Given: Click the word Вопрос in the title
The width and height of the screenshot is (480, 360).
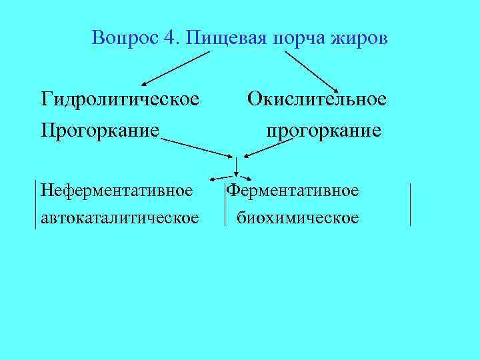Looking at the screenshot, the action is [125, 37].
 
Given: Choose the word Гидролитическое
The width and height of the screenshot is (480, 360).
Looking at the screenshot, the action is [119, 99].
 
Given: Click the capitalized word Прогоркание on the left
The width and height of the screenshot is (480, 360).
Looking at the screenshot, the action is [100, 129].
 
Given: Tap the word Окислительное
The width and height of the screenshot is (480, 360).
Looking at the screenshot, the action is [317, 99].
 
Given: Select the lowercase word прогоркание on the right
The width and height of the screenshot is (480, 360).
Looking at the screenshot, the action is [323, 129].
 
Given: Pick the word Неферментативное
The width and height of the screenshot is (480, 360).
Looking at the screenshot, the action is [117, 191].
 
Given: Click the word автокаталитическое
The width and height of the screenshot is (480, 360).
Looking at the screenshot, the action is [119, 217].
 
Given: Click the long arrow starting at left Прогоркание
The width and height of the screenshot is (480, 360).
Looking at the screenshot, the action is [197, 148].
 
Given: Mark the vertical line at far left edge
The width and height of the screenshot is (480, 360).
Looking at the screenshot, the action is [35, 204].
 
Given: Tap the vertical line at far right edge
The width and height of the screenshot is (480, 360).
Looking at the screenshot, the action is [410, 204].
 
